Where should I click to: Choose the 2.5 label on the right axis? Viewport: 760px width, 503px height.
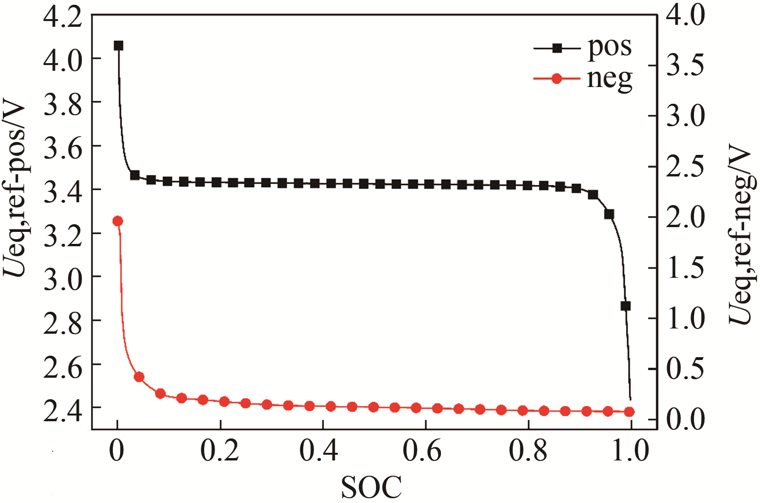coord(685,166)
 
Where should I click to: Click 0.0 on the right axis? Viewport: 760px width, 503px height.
coord(685,419)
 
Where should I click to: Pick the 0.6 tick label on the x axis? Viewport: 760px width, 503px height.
coord(422,450)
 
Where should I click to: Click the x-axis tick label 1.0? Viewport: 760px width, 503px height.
coord(630,450)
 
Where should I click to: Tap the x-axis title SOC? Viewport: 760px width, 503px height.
coord(371,488)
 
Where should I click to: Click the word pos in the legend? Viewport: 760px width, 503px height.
coord(610,47)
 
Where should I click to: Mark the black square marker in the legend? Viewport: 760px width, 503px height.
coord(557,48)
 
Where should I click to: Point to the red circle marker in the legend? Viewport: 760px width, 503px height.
coord(556,78)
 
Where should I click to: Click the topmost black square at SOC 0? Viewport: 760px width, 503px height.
coord(118,46)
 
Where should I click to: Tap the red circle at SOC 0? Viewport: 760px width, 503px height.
coord(118,221)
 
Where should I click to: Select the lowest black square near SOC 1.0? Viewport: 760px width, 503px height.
coord(625,306)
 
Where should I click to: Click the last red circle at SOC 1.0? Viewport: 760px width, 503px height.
coord(629,412)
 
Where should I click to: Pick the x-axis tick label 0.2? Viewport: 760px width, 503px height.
coord(220,450)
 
